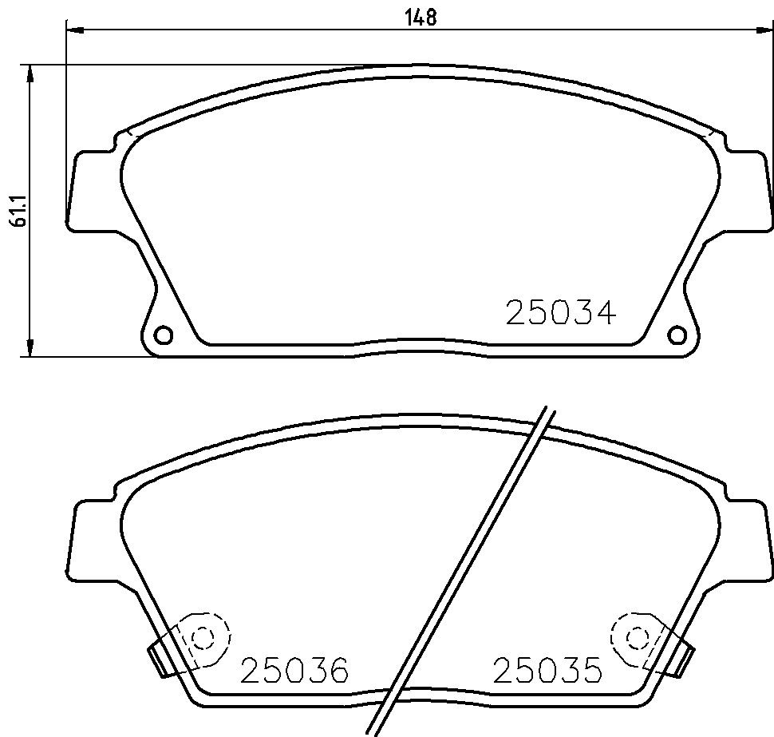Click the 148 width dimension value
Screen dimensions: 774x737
click(x=421, y=18)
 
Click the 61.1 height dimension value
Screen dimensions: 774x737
click(x=19, y=211)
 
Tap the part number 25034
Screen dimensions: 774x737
click(x=561, y=313)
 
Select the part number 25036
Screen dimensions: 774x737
click(x=294, y=669)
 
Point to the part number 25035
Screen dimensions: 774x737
click(x=548, y=669)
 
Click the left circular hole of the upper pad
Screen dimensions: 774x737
click(x=163, y=335)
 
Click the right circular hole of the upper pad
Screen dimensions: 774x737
click(x=677, y=335)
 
